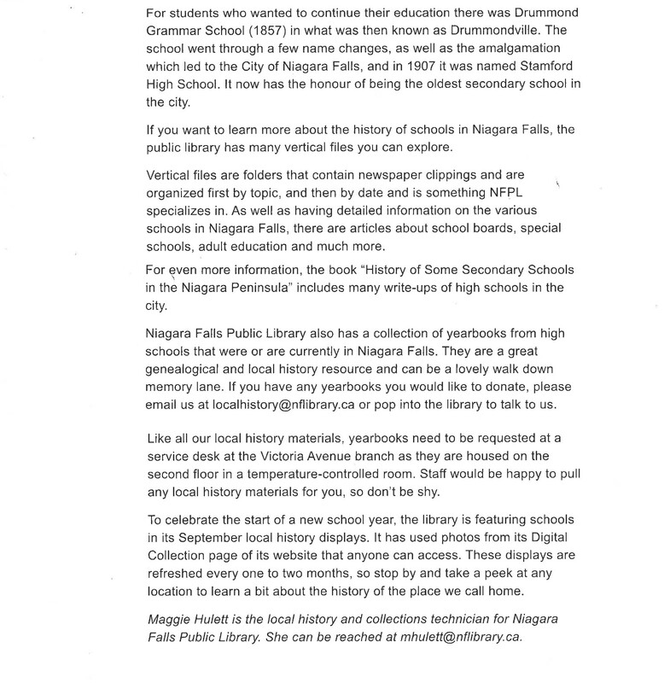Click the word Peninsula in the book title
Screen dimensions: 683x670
(x=299, y=288)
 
